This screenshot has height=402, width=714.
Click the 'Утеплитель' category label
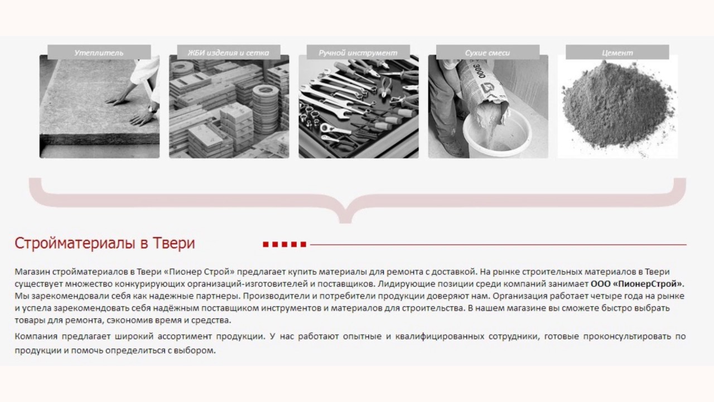point(99,52)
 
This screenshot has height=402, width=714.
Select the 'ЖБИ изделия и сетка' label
point(228,52)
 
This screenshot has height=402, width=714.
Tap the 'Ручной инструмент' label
point(358,52)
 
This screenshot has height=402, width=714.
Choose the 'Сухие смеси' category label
point(488,52)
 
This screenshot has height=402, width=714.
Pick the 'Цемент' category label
point(617,52)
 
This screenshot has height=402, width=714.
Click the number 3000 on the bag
point(479,70)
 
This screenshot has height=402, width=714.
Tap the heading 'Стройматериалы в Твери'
point(104,243)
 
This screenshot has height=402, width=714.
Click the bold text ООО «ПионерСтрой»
point(637,284)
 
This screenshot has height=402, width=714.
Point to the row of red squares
point(284,245)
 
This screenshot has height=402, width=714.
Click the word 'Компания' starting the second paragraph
point(36,336)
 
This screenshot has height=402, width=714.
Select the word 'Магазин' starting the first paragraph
point(32,272)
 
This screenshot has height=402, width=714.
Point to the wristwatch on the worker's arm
point(153,108)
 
